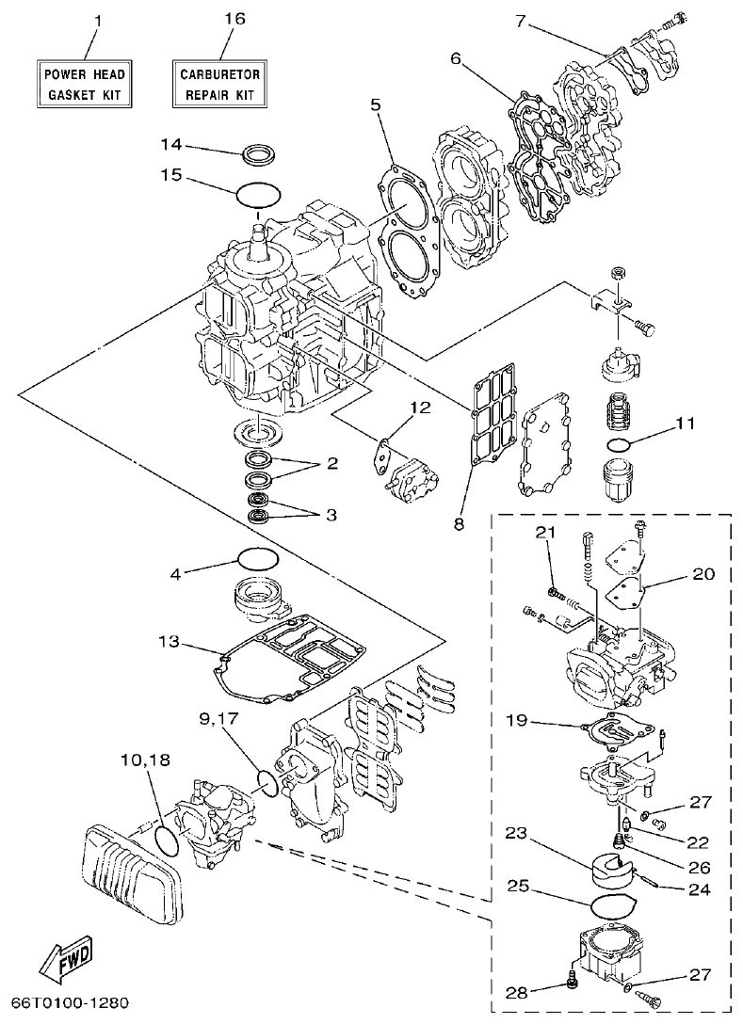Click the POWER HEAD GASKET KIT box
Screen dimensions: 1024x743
coord(82,83)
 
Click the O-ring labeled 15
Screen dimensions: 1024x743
coord(257,195)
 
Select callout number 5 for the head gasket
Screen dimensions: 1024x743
coord(375,104)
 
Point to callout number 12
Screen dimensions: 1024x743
coord(418,408)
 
